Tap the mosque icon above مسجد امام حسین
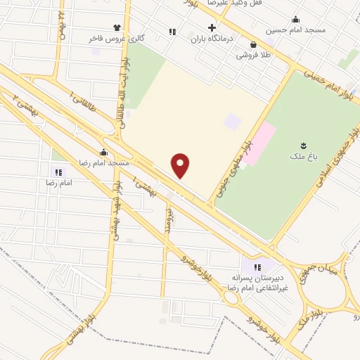pyautogui.click(x=295, y=19)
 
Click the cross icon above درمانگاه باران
pyautogui.click(x=212, y=27)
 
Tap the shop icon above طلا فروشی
pyautogui.click(x=252, y=43)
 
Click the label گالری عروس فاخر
pyautogui.click(x=117, y=39)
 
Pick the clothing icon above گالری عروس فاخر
pyautogui.click(x=107, y=28)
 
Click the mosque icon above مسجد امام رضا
pyautogui.click(x=104, y=152)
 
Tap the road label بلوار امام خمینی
pyautogui.click(x=330, y=80)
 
